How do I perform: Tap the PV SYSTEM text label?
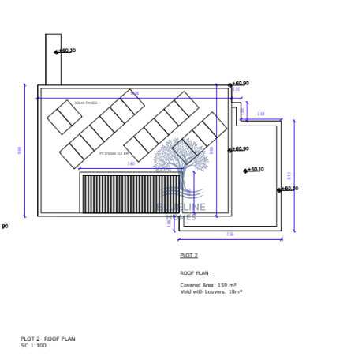[x=114, y=153]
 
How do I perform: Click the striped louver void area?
[x=130, y=193]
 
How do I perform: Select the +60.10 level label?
[x=255, y=169]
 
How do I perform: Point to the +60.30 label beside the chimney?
[x=66, y=51]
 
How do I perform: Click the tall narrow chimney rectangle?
[x=53, y=59]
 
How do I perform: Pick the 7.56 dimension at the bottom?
[x=230, y=234]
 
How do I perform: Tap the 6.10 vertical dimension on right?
[x=289, y=175]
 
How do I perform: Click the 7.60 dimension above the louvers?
[x=131, y=163]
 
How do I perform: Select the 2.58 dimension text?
[x=261, y=114]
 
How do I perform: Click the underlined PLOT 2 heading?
[x=188, y=256]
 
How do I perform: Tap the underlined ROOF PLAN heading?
[x=194, y=273]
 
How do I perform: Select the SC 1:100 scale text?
[x=33, y=345]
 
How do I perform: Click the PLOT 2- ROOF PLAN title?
[x=47, y=339]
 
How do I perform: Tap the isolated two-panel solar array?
[x=64, y=117]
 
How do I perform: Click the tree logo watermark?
[x=181, y=162]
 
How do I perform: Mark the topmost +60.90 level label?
[x=240, y=83]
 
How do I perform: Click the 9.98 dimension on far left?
[x=20, y=149]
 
